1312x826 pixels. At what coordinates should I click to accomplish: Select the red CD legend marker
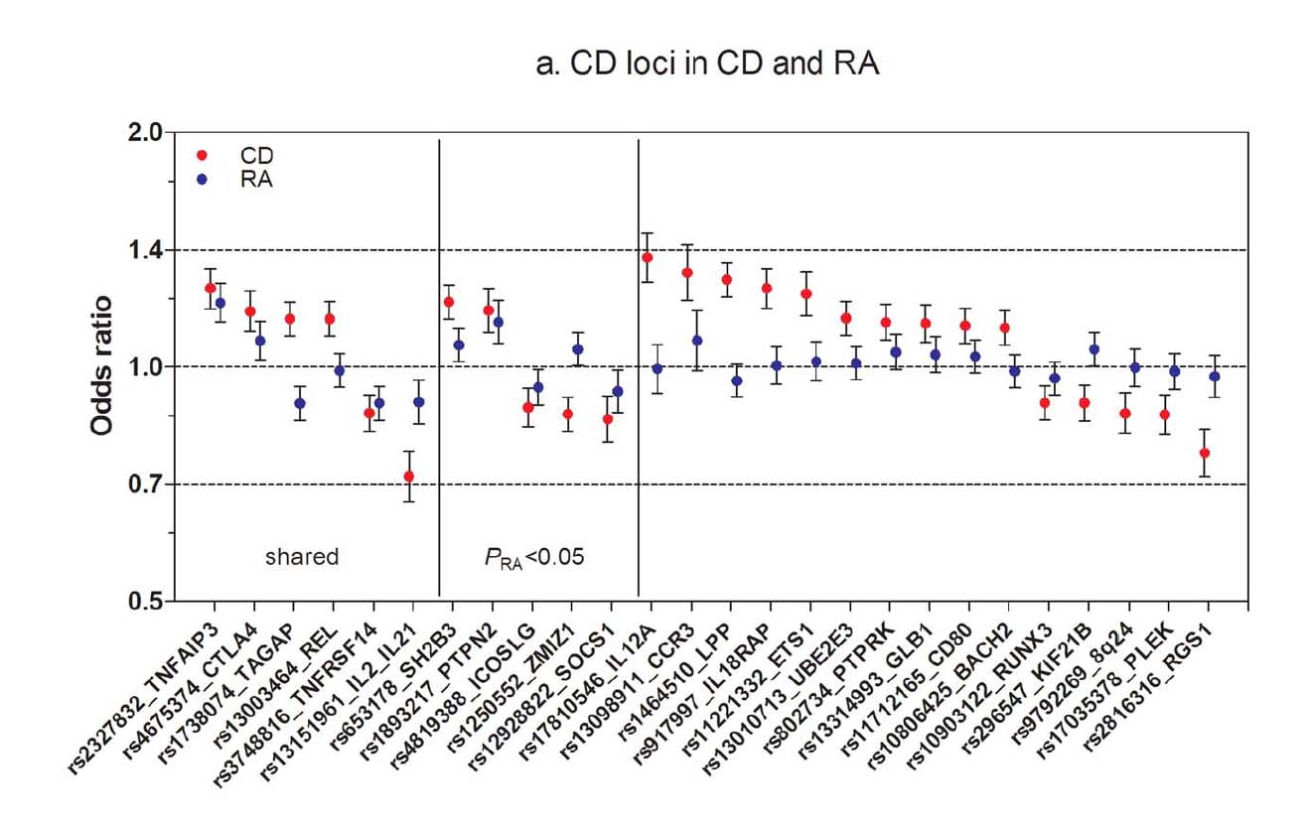coord(203,156)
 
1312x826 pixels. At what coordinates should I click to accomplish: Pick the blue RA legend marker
coord(203,180)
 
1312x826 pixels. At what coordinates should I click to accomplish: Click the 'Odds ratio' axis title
coord(102,367)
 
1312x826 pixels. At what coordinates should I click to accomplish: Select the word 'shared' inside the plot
coord(302,557)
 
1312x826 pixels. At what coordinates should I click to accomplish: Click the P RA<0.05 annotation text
coord(534,557)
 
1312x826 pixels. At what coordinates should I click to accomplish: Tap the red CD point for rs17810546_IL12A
coord(648,258)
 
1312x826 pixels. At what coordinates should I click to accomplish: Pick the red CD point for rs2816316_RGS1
coord(1205,453)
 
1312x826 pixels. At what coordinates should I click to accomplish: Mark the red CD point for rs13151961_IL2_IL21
coord(408,477)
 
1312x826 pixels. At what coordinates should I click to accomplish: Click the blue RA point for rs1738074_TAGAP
coord(299,403)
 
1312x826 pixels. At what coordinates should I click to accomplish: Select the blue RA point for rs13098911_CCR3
coord(697,341)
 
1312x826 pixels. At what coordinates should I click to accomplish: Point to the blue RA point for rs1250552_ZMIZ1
coord(578,349)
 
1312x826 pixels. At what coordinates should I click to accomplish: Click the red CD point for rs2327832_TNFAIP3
coord(210,288)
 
